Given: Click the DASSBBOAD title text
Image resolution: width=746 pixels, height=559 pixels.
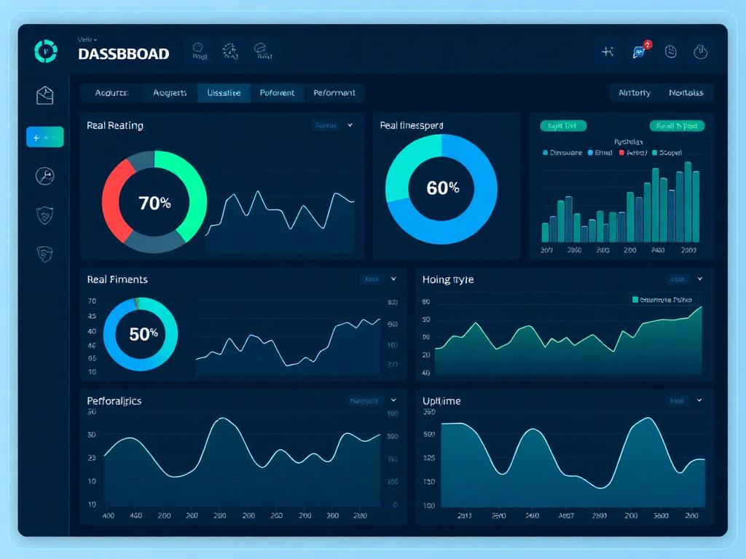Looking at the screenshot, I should point(123,54).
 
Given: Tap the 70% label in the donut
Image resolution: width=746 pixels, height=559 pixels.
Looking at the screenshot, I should point(154,203).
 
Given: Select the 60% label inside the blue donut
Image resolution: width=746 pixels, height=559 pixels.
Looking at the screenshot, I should point(442,188).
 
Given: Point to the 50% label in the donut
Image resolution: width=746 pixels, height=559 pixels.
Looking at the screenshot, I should point(143,334).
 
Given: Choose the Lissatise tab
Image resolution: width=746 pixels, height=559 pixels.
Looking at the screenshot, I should point(224,92).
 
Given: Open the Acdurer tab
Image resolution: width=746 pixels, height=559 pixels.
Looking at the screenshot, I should point(111,92).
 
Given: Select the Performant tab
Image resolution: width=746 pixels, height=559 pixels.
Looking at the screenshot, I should point(334,92).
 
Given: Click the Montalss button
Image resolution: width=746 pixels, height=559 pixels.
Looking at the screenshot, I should point(686,92).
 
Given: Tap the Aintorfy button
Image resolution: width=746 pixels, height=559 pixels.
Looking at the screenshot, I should point(635,92).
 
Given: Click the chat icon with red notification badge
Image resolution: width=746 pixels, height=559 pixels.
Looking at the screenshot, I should point(640,51).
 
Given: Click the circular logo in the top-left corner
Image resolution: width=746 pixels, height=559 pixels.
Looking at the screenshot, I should point(46,51).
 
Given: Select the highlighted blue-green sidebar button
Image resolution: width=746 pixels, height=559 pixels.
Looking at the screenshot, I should point(45,137).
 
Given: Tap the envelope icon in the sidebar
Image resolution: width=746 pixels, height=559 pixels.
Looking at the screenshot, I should point(45,95).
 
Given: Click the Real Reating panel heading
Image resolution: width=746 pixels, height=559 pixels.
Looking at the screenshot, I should point(115,125).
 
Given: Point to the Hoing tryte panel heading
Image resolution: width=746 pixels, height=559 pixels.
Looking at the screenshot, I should point(447,279).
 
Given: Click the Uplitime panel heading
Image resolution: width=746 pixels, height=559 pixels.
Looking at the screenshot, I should point(441,401).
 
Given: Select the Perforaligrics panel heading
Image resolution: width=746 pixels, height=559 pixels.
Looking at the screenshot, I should point(114,401).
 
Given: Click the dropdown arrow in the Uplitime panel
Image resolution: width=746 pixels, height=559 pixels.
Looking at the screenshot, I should point(699,400).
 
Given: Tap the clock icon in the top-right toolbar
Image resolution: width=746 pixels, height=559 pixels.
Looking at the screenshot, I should point(671,51).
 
